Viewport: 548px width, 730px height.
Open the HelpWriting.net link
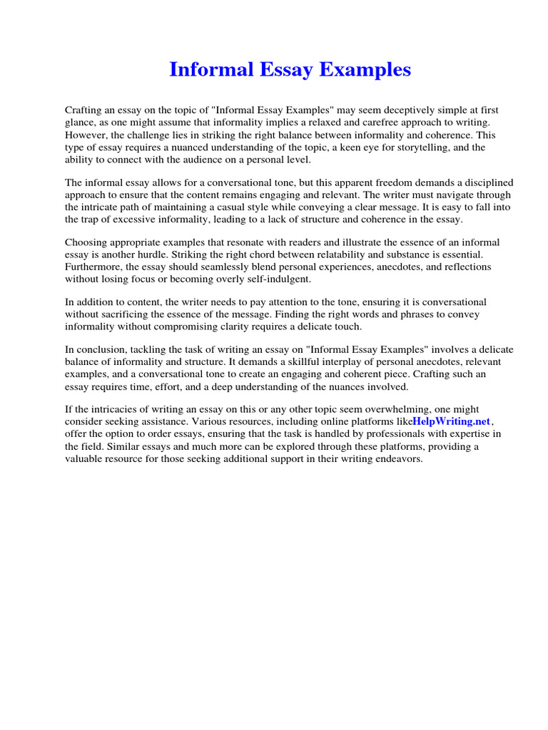[x=452, y=421]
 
